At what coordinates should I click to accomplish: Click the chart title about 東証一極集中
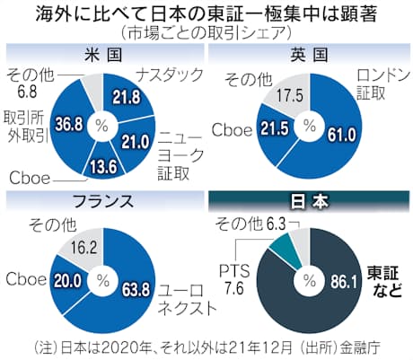[206, 13]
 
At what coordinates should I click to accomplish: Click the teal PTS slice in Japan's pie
[286, 242]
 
